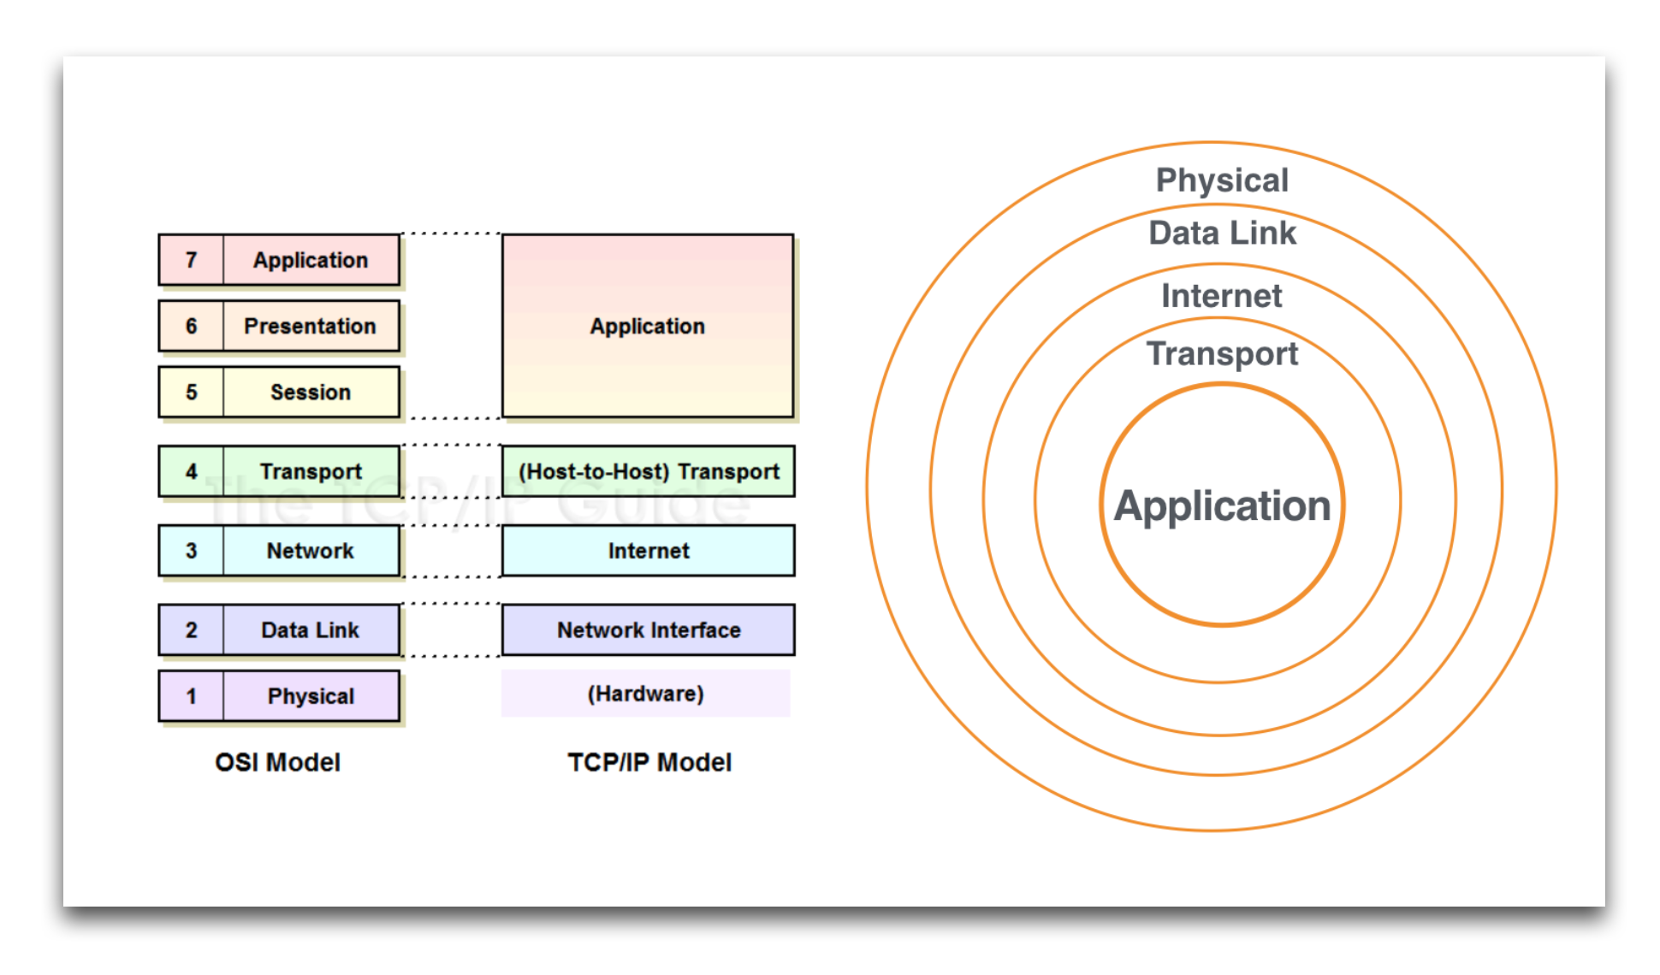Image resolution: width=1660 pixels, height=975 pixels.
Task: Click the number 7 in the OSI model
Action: pos(191,260)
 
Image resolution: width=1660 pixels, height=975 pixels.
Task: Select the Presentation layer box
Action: pos(311,326)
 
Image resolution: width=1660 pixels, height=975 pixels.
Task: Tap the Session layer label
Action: pos(311,393)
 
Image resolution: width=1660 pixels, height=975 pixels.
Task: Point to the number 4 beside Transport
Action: pos(191,471)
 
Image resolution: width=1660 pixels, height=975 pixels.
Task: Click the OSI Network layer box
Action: pos(311,551)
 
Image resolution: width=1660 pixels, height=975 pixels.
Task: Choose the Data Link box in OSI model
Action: pos(311,630)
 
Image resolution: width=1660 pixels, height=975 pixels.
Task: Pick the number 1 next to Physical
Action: pos(191,696)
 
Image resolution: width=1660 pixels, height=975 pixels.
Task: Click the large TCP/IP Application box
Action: pos(648,326)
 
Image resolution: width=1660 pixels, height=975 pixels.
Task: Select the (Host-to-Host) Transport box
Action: pos(649,471)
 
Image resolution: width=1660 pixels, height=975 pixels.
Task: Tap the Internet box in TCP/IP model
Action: pos(649,551)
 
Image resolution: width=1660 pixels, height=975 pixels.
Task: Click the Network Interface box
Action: pos(649,630)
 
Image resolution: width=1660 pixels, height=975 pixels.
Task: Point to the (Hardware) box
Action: pos(646,694)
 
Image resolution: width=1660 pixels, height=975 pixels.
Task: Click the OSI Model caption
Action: pos(277,762)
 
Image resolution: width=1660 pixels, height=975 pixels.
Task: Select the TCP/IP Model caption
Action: pos(649,762)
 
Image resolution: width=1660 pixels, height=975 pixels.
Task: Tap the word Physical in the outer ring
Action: pos(1222,180)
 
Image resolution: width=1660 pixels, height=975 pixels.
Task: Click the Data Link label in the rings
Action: pos(1222,233)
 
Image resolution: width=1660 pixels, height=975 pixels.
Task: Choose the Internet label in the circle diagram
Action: pos(1221,296)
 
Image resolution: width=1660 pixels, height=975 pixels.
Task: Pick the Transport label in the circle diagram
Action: pos(1222,354)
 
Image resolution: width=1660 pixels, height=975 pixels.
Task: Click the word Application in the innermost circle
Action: pos(1222,505)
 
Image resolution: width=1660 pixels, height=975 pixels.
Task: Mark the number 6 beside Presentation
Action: pos(191,326)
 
